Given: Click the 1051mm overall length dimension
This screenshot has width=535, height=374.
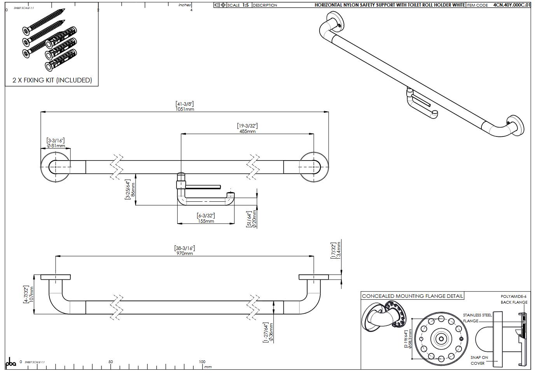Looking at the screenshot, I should tap(185, 109).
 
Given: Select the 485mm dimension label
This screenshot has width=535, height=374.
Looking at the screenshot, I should tap(247, 131).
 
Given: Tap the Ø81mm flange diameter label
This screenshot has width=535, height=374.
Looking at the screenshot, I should tap(56, 146).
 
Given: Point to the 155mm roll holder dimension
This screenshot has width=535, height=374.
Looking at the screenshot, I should tap(206, 221).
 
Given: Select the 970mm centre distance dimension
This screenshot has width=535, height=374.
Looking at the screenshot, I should tap(184, 253).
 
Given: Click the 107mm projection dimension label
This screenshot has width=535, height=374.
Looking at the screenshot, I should tap(31, 295).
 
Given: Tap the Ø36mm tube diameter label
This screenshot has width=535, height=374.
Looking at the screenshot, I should tap(271, 332).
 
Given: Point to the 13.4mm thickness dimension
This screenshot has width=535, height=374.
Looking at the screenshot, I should tap(338, 250).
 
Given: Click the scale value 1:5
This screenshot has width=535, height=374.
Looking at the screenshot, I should tap(245, 5).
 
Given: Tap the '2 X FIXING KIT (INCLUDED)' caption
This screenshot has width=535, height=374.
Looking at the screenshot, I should tap(52, 80).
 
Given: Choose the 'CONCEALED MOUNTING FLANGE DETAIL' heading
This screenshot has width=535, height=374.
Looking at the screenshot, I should tap(413, 296).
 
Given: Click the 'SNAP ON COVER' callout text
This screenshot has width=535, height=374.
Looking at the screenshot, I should tap(479, 360).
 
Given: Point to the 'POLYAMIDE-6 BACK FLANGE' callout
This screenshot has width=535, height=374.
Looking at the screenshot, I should tap(514, 299).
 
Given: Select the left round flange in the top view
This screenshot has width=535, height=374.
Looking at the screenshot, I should tap(56, 167).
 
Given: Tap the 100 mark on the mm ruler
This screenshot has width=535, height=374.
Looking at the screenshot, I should tap(202, 362).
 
